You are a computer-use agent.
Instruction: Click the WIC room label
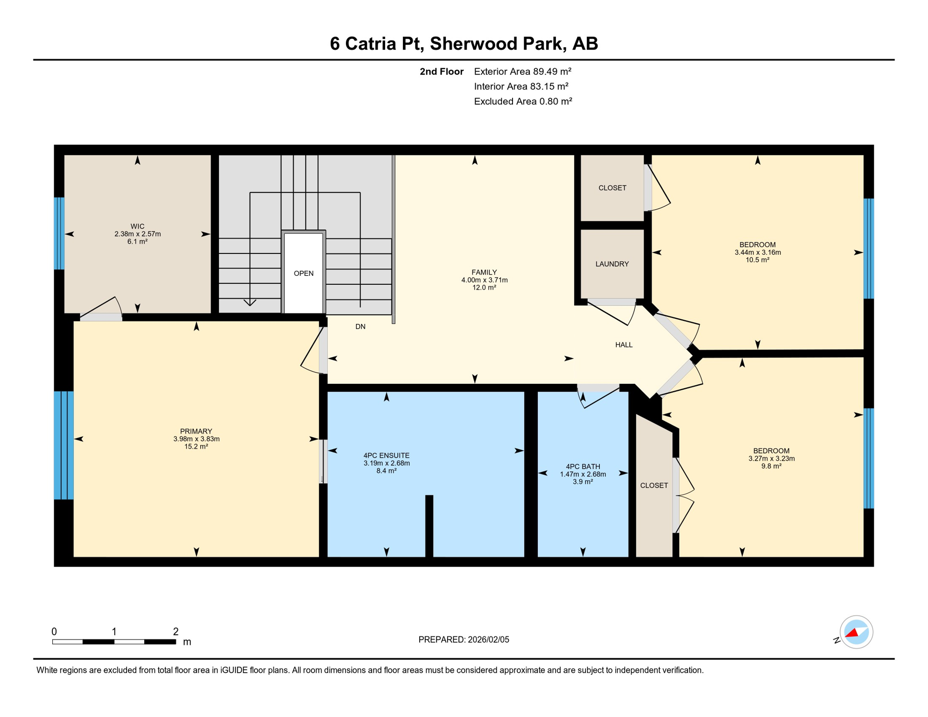(137, 226)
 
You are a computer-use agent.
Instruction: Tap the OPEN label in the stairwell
(303, 274)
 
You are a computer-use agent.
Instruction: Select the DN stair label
(360, 327)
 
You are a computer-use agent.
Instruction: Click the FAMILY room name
(484, 272)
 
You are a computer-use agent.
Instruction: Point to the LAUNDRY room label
(612, 264)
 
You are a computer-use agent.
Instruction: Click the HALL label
(624, 345)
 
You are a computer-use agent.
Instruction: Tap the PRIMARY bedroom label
(196, 431)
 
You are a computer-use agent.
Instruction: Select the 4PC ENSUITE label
(387, 456)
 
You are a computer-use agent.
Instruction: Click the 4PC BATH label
(583, 466)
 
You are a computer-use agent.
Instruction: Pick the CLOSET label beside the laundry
(612, 188)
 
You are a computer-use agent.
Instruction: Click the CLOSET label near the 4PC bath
(654, 485)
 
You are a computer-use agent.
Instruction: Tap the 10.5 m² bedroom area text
(757, 260)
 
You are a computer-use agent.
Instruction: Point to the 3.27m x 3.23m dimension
(771, 458)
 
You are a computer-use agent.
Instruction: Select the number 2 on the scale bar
(176, 632)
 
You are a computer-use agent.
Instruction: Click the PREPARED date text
(464, 640)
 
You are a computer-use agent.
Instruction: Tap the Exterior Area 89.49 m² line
(522, 71)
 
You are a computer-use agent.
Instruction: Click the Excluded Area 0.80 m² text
(523, 101)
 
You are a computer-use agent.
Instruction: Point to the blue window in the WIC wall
(59, 233)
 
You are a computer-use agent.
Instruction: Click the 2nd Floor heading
(441, 71)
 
